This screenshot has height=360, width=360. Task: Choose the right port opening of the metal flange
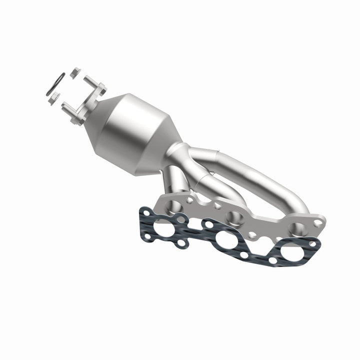point(297,228)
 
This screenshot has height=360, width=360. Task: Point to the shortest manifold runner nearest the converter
point(172,180)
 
